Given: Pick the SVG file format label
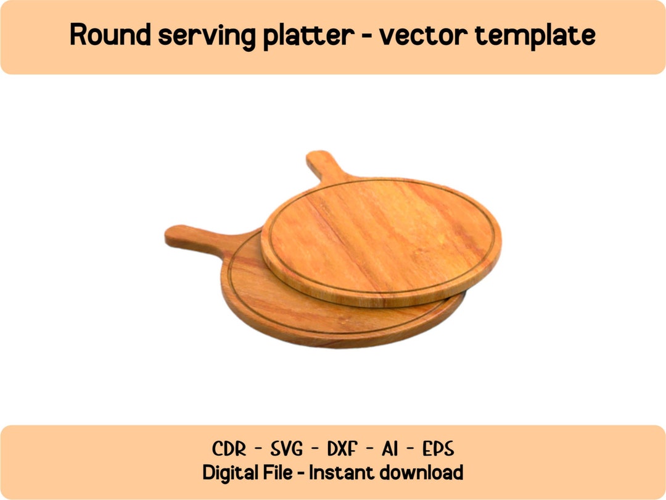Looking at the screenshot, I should [287, 448].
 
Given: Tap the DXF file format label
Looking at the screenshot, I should [343, 448].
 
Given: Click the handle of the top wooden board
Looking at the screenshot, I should [322, 165].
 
